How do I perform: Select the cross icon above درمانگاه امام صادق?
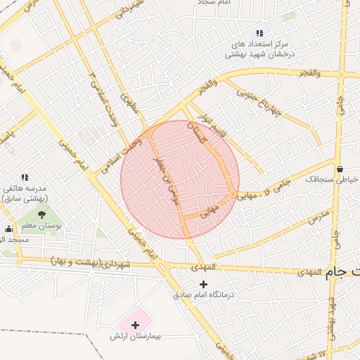click(204, 284)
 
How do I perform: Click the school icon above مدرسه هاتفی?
click(25, 177)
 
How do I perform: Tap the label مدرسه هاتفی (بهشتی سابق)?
click(25, 194)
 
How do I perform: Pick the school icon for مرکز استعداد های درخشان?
click(259, 32)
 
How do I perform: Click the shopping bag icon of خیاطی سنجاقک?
click(340, 168)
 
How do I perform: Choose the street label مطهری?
click(129, 105)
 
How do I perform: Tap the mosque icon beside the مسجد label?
click(8, 229)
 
